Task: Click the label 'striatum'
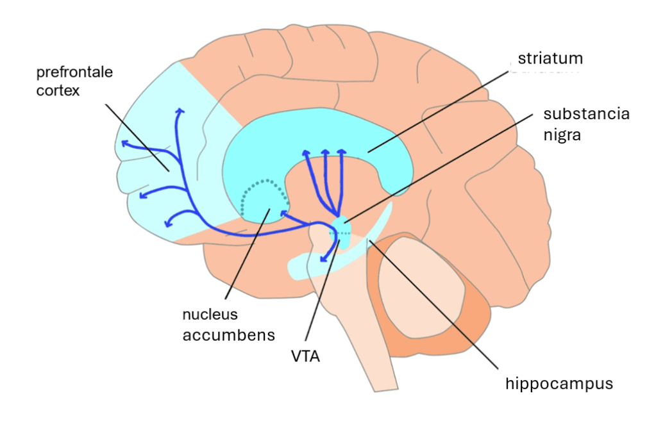pos(550,59)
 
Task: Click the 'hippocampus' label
pos(559,384)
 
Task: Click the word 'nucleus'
pos(210,315)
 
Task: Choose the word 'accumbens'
pos(229,334)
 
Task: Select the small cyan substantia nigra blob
pos(342,226)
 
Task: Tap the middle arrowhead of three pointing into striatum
pos(325,153)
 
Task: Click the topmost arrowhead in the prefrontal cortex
pos(180,111)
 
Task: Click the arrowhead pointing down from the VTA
pos(324,260)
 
